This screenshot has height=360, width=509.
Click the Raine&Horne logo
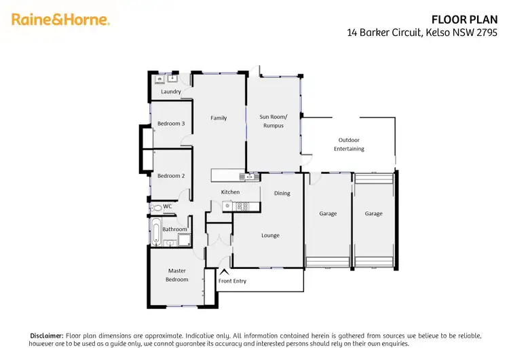pos(60,20)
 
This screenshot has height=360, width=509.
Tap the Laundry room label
pos(171,92)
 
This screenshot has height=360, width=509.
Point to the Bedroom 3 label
pos(171,124)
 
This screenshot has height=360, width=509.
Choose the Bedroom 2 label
pos(171,176)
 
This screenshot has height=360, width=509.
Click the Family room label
pos(219,118)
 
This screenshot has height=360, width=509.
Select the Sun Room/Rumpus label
pos(273,121)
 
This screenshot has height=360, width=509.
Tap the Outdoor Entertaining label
pos(349,144)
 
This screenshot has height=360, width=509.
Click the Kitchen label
pos(230,192)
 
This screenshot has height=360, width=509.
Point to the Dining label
pos(282,194)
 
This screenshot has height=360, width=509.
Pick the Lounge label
pos(271,236)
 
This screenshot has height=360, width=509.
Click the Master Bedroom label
pos(177,275)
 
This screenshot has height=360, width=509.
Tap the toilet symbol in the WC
pos(157,207)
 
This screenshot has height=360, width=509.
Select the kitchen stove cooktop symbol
pos(246,206)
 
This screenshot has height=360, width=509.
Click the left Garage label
pos(328,214)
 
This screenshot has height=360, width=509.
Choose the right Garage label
pos(373,214)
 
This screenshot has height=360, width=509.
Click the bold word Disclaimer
pos(47,336)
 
